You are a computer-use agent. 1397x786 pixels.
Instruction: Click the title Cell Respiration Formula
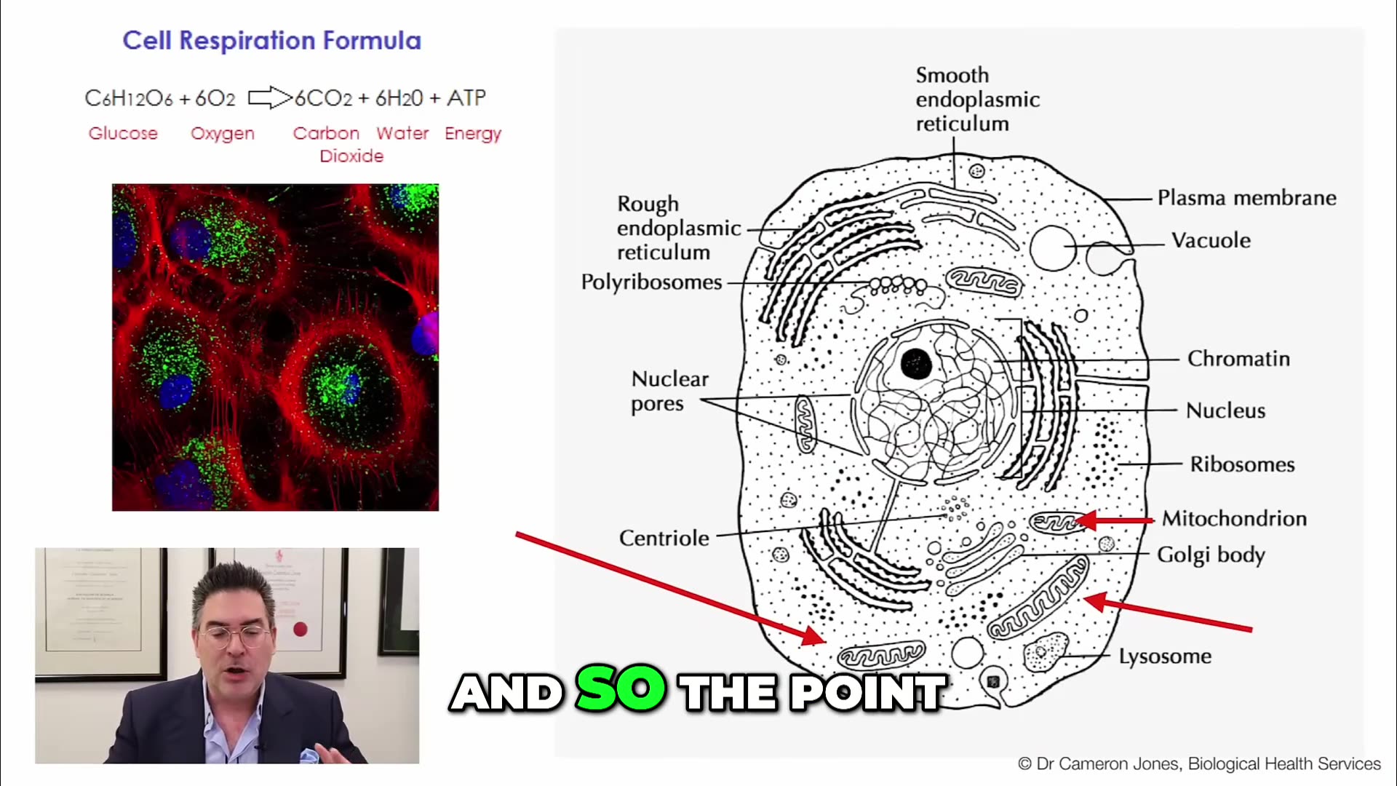(271, 41)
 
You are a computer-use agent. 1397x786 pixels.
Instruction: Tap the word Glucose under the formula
(123, 133)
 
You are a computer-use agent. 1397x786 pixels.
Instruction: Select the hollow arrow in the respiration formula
(269, 98)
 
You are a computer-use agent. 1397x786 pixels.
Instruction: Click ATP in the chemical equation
(466, 98)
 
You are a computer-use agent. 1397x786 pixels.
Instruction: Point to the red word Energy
(473, 134)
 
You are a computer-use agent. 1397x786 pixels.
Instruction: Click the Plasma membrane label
(1246, 198)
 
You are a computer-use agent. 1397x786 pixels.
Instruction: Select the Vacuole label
(1211, 241)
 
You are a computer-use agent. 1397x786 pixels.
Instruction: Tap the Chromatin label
(1238, 359)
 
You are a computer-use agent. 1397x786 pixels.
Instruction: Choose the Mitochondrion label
(1234, 518)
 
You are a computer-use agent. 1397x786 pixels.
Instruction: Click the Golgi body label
(1211, 555)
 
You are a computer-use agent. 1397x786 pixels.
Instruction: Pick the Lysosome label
(1165, 656)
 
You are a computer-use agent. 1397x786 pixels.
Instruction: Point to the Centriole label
(664, 538)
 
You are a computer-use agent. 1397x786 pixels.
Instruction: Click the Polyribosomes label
(651, 282)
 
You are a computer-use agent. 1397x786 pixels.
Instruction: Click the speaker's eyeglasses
(234, 635)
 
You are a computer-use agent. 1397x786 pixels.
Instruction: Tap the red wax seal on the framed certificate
(300, 629)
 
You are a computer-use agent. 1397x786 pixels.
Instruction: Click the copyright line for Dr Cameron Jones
(1198, 763)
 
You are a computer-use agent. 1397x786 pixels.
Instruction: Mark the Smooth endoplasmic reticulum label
(977, 100)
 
